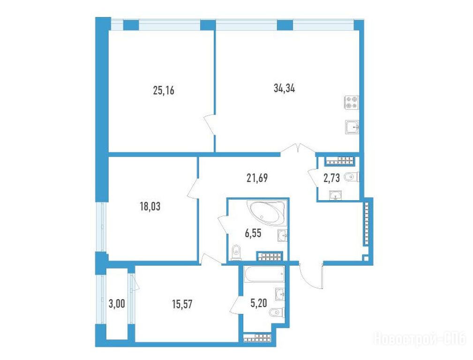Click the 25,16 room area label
pos(164,90)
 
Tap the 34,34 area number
pos(284,88)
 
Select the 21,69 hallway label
pos(257,178)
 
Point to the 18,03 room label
pos(150,206)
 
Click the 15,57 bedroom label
pos(182,305)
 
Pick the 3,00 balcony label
pos(117,304)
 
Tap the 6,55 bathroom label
pos(253,233)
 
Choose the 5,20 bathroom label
pos(258,303)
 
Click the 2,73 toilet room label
pos(331,178)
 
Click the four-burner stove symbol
pos(351,102)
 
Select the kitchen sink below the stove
pos(352,127)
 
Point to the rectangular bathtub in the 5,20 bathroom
pos(264,274)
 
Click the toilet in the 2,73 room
pos(352,177)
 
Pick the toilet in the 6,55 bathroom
pos(236,253)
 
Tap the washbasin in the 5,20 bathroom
pos(280,294)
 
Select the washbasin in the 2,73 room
pos(335,195)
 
